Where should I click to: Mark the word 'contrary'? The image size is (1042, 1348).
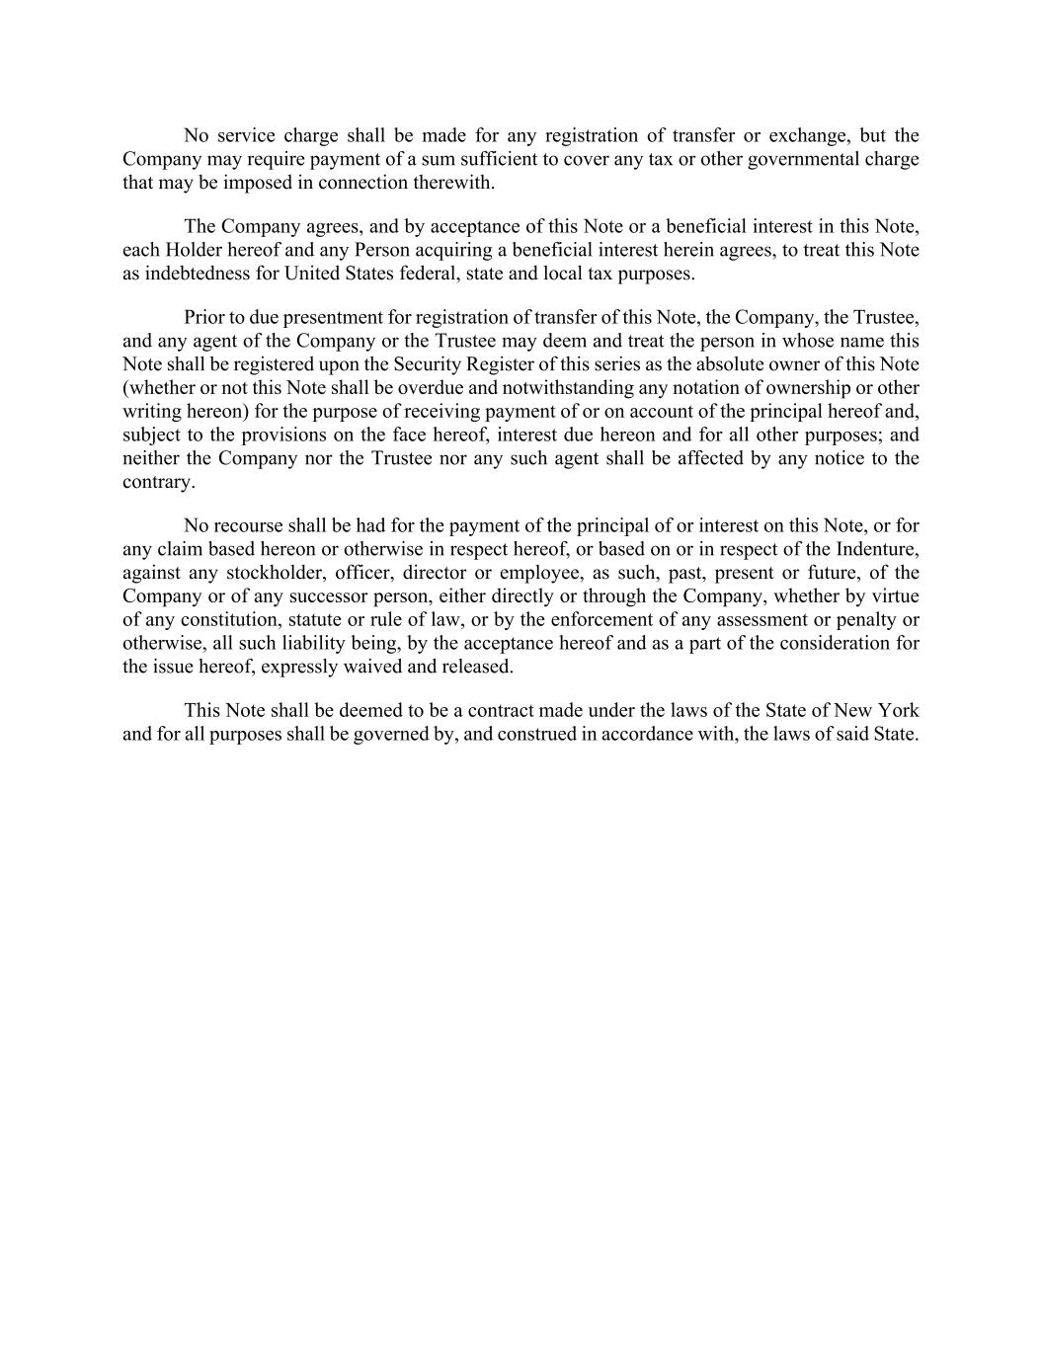157,482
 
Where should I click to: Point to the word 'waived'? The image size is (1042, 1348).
371,667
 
